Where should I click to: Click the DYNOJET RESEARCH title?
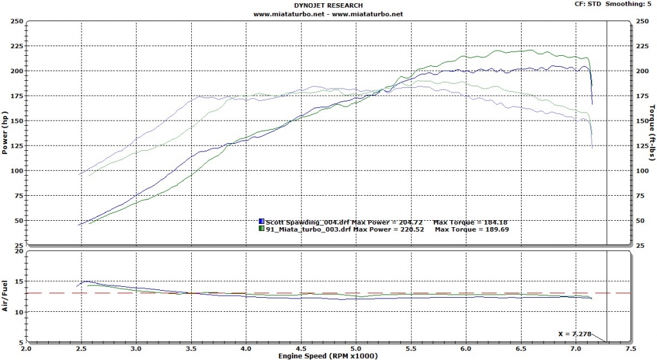[x=328, y=5]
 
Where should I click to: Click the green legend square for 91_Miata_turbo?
[x=261, y=228]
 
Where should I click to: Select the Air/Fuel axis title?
[x=5, y=296]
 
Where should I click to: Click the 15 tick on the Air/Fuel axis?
[x=19, y=282]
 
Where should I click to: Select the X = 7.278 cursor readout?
[x=575, y=334]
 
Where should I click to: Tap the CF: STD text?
[x=590, y=4]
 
